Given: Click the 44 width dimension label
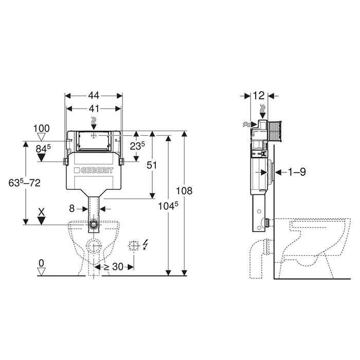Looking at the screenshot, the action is coord(94,96).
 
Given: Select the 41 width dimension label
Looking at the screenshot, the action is coord(94,109).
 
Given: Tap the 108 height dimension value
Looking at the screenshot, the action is coord(184,191).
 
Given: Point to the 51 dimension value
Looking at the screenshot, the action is coord(152,165).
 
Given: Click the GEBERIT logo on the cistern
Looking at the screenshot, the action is coord(94,170).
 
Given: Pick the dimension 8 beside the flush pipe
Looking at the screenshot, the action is coord(72,208).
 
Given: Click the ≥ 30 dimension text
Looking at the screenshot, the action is coord(114,267).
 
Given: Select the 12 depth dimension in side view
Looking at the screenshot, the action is coord(259,96).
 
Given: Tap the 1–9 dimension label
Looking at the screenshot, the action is coord(297,172).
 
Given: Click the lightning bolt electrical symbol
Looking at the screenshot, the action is coord(146,244).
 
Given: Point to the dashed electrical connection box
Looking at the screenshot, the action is coord(134,246).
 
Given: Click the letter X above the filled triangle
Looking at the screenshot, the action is coord(41,212).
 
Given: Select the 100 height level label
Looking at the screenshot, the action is coord(42,129).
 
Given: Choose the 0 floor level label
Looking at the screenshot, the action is coord(41,263).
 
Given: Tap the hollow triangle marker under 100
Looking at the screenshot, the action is coord(42,137).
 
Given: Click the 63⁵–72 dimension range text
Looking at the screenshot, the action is coord(24,183).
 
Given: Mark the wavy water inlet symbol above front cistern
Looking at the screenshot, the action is coord(94,123).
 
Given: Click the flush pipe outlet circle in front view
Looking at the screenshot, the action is coord(94,224).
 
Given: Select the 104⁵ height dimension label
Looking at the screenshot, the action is coord(168,206).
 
